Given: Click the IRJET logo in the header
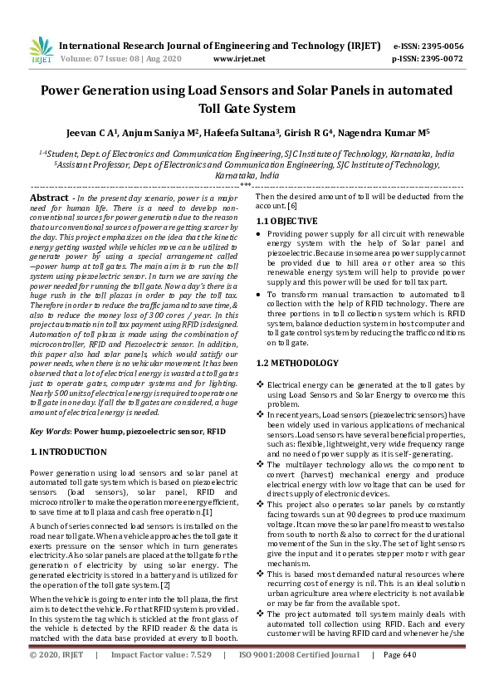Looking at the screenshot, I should [42, 52].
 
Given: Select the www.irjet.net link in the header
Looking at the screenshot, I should [239, 60].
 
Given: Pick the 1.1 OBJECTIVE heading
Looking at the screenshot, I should [286, 222].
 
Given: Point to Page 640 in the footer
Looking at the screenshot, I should [399, 678].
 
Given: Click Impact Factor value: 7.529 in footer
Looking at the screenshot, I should [161, 678].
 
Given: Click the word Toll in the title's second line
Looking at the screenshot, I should [214, 108].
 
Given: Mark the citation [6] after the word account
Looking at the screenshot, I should [292, 205].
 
